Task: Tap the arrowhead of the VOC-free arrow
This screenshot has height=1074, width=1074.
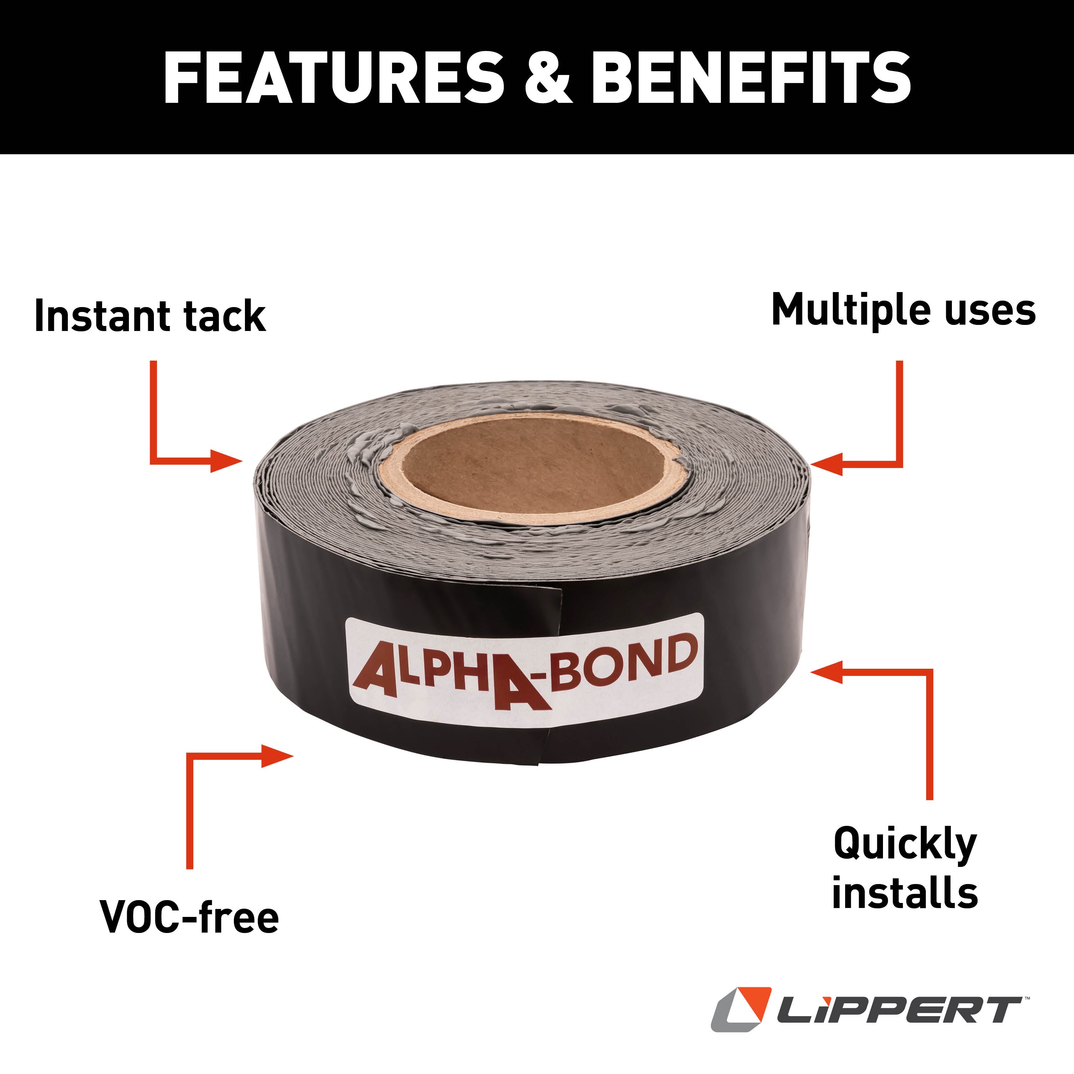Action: tap(277, 756)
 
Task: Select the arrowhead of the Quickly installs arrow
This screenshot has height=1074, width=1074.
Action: tap(827, 672)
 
